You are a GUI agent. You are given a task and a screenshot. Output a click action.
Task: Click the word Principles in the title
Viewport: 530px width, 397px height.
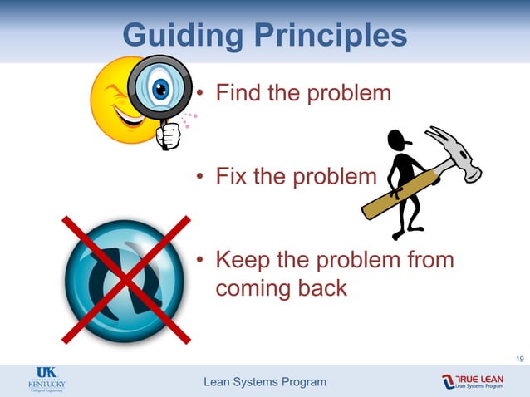pyautogui.click(x=330, y=37)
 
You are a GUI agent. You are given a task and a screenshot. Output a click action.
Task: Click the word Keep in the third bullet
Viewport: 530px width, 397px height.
pyautogui.click(x=243, y=260)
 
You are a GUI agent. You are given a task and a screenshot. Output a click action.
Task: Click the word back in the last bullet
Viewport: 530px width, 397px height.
pyautogui.click(x=322, y=290)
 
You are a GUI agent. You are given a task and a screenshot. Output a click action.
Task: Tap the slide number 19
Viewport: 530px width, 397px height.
pyautogui.click(x=519, y=359)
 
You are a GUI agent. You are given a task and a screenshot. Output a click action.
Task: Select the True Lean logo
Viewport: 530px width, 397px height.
pyautogui.click(x=474, y=381)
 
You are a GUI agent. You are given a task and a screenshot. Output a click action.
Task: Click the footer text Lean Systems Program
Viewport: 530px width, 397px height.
pyautogui.click(x=265, y=382)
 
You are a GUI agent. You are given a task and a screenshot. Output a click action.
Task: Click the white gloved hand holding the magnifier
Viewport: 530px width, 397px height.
pyautogui.click(x=168, y=135)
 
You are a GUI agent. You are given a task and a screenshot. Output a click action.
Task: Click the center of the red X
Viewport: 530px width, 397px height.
pyautogui.click(x=126, y=278)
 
